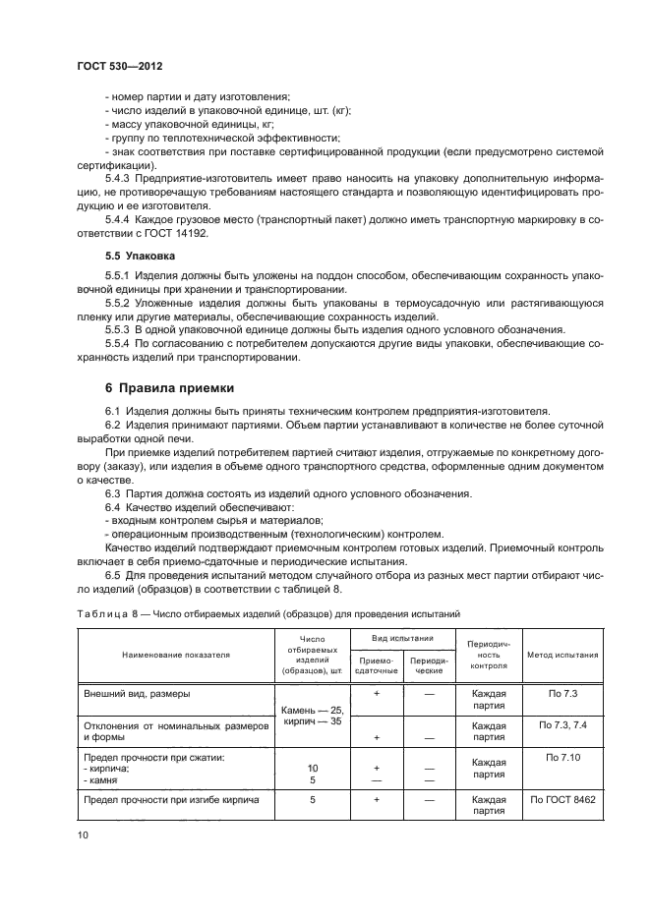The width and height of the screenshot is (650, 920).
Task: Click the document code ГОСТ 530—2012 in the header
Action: pos(120,67)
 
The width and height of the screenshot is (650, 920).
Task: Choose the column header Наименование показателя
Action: pos(176,654)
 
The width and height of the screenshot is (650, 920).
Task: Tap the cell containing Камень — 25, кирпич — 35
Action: pos(312,715)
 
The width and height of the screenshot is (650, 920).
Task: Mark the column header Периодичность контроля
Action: pos(488,654)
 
